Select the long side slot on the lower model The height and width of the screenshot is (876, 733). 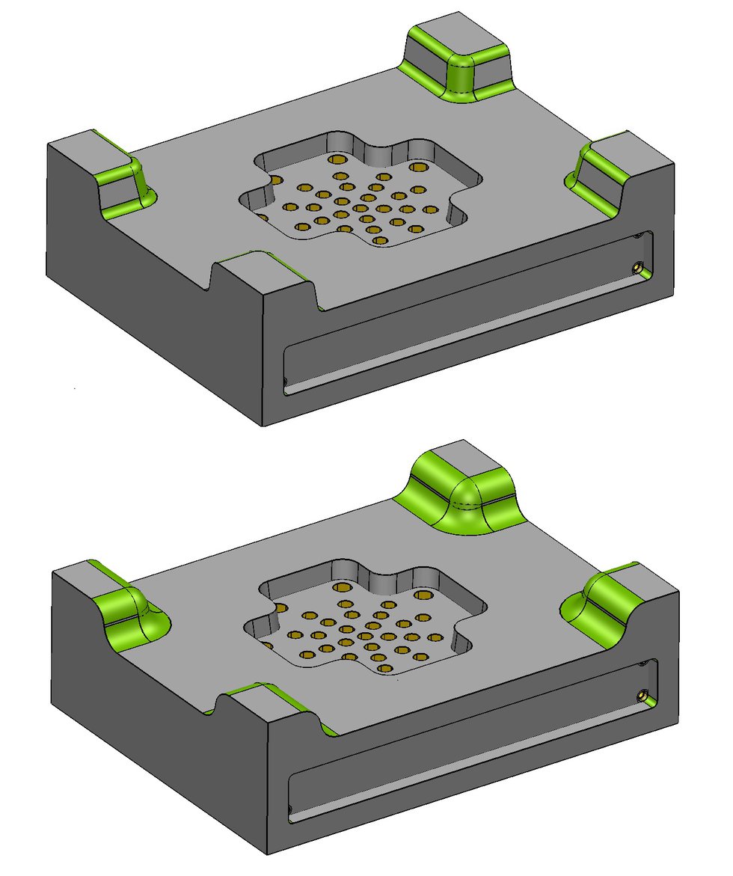point(471,741)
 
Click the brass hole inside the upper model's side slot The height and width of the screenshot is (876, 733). point(637,266)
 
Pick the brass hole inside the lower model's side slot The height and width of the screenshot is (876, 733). point(642,695)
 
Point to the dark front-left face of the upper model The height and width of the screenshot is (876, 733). point(150,299)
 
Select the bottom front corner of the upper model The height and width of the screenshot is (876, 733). point(263,425)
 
